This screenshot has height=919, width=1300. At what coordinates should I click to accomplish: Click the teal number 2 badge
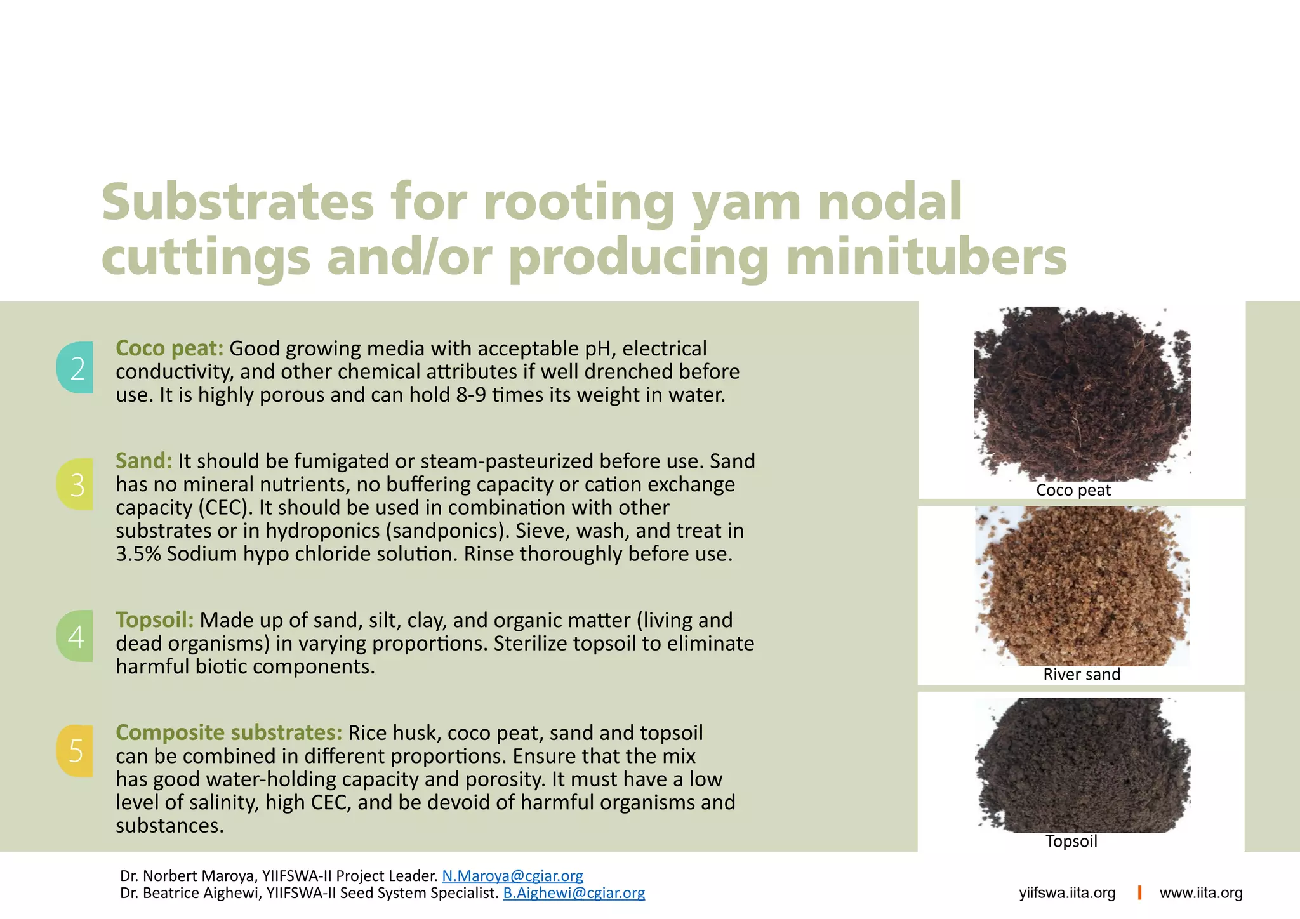(x=76, y=368)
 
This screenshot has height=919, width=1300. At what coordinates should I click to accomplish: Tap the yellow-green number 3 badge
(x=76, y=484)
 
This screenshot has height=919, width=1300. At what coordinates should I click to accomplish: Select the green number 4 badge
(x=76, y=636)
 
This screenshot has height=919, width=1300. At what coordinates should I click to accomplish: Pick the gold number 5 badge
(x=76, y=751)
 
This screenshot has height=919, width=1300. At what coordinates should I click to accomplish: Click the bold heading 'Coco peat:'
(x=169, y=348)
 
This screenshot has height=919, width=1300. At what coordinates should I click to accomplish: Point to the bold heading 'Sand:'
(x=144, y=461)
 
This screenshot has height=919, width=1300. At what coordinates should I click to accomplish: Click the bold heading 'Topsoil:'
(x=155, y=620)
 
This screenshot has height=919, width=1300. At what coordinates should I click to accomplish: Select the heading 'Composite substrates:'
(x=229, y=733)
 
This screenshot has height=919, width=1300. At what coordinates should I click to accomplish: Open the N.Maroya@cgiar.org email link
(x=512, y=876)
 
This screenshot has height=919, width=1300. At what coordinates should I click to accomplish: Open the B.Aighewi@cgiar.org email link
(x=574, y=893)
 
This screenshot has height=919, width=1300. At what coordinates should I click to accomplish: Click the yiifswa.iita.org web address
(x=1067, y=893)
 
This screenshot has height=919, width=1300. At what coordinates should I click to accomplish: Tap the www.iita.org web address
(x=1201, y=893)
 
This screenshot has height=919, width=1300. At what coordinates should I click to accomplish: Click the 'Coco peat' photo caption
(x=1073, y=490)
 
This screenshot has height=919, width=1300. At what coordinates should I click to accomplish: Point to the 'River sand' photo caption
(x=1082, y=674)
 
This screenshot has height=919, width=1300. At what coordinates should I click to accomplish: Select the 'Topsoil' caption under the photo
(x=1071, y=841)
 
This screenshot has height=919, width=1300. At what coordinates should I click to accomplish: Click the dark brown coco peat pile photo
(x=1082, y=393)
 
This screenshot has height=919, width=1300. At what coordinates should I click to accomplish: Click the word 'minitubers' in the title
(x=927, y=257)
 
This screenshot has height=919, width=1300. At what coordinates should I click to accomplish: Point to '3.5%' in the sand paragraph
(x=138, y=554)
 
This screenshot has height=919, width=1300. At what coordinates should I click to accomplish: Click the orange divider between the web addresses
(x=1139, y=892)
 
